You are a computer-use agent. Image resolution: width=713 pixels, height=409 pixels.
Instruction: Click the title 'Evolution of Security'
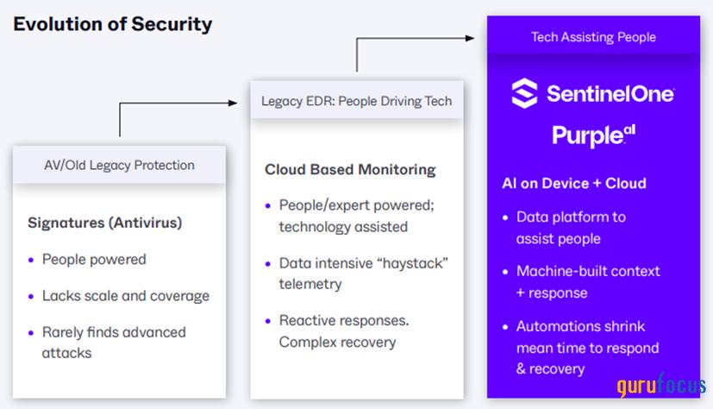pyautogui.click(x=112, y=24)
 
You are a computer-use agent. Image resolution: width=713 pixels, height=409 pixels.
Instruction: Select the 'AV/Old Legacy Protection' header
pyautogui.click(x=119, y=165)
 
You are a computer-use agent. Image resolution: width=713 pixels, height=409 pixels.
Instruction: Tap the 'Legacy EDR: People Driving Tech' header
pyautogui.click(x=356, y=101)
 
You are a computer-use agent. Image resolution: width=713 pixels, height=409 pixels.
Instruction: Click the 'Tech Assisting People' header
pyautogui.click(x=593, y=37)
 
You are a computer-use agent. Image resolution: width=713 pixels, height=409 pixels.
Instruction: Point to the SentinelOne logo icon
pyautogui.click(x=524, y=93)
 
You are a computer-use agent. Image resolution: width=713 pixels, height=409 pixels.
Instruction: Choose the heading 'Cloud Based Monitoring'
pyautogui.click(x=350, y=169)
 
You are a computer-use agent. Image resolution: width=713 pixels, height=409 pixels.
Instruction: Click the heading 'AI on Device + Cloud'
pyautogui.click(x=574, y=183)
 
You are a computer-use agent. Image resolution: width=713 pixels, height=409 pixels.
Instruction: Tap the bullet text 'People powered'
pyautogui.click(x=94, y=259)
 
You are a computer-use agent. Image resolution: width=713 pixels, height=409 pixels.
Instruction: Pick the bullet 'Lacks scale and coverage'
pyautogui.click(x=125, y=296)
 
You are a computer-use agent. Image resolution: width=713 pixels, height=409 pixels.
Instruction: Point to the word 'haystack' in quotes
pyautogui.click(x=419, y=262)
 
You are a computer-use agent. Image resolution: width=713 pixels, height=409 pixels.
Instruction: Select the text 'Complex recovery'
pyautogui.click(x=337, y=342)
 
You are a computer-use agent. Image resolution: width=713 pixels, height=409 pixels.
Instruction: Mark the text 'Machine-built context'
pyautogui.click(x=588, y=271)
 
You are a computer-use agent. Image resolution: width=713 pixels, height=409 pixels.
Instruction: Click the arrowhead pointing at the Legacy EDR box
pyautogui.click(x=232, y=103)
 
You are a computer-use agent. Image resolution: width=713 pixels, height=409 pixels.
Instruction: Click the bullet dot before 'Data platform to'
pyautogui.click(x=506, y=217)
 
